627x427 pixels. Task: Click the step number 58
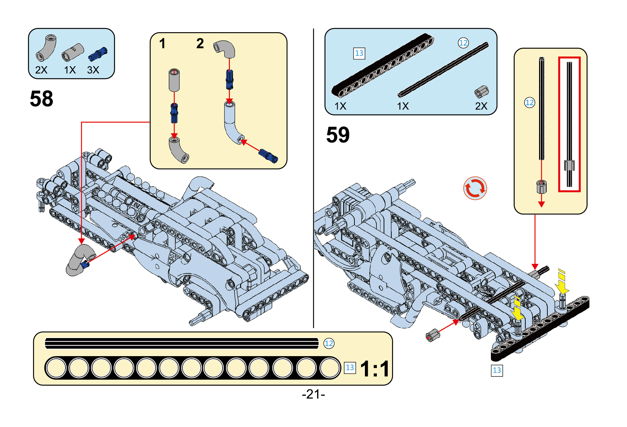[x=41, y=99]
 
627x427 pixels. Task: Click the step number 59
[x=338, y=135]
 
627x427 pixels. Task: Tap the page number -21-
[x=313, y=394]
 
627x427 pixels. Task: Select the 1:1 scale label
[x=375, y=369]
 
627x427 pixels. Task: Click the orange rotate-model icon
[x=475, y=188]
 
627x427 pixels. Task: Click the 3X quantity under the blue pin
[x=93, y=70]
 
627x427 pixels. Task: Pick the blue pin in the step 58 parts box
[x=97, y=54]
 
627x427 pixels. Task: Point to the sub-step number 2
[x=200, y=44]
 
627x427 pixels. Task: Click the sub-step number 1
[x=162, y=44]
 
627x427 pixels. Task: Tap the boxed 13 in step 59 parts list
[x=359, y=54]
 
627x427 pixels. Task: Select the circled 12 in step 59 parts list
[x=463, y=43]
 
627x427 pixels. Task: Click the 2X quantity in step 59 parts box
[x=481, y=106]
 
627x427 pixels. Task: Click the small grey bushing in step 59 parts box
[x=481, y=91]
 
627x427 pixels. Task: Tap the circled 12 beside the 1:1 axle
[x=329, y=343]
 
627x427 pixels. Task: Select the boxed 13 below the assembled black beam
[x=497, y=370]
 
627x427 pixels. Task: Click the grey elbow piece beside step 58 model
[x=78, y=260]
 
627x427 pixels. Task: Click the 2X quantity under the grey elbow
[x=41, y=70]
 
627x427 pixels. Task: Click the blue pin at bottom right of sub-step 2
[x=268, y=156]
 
